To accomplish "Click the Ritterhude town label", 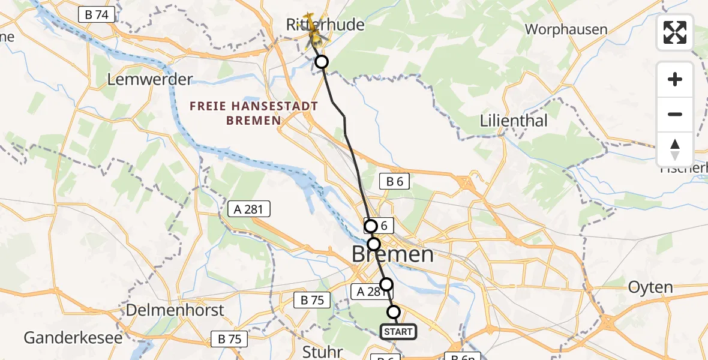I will tap(325, 25).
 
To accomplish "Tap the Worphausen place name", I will tap(566, 29).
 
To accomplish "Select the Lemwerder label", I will tap(149, 79).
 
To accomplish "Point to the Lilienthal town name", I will tap(514, 121).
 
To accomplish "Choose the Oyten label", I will tap(650, 287).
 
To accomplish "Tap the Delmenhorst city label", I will tap(175, 310).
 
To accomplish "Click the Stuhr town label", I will tap(323, 352).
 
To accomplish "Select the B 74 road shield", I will tap(96, 14).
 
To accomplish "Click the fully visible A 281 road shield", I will tap(249, 209).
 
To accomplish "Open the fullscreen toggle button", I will tap(675, 32).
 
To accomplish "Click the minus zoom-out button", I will tap(675, 114).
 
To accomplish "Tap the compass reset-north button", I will tap(675, 149).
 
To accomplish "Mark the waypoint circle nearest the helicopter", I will tap(322, 62).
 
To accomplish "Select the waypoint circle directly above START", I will tap(394, 312).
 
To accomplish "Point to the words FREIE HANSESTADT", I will tap(253, 107).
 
